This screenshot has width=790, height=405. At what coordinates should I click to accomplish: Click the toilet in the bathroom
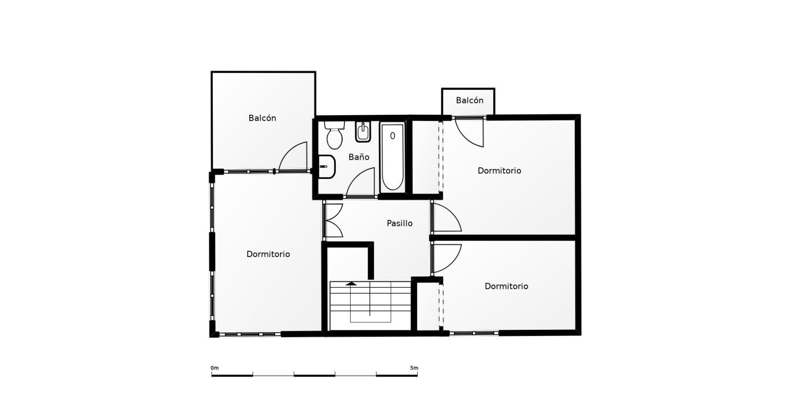(334, 135)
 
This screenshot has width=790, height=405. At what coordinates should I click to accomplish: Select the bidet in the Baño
(363, 132)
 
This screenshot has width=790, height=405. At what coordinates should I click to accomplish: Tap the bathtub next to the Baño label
(393, 157)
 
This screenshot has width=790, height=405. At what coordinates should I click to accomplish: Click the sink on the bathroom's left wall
(327, 167)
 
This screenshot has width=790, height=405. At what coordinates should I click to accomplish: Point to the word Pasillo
(400, 223)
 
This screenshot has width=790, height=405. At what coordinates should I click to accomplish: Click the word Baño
(359, 157)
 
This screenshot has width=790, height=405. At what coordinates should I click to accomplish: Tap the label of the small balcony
(469, 100)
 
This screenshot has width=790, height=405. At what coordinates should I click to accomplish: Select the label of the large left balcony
(262, 118)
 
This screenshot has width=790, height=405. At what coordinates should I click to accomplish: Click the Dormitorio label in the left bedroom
(268, 254)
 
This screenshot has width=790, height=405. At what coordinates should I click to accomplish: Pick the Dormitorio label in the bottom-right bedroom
(506, 286)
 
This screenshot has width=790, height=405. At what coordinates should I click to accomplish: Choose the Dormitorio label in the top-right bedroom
(499, 171)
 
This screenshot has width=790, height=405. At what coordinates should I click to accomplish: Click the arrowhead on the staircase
(351, 283)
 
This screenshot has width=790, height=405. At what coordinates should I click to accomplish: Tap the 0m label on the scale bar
(215, 368)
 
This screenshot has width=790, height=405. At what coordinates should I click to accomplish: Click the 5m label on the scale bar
(414, 368)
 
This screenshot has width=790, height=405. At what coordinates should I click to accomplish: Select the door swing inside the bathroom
(360, 182)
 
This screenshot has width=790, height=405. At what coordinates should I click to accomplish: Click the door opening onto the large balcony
(293, 157)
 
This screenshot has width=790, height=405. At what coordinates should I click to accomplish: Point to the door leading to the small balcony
(469, 132)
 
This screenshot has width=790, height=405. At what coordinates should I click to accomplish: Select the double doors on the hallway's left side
(334, 220)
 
